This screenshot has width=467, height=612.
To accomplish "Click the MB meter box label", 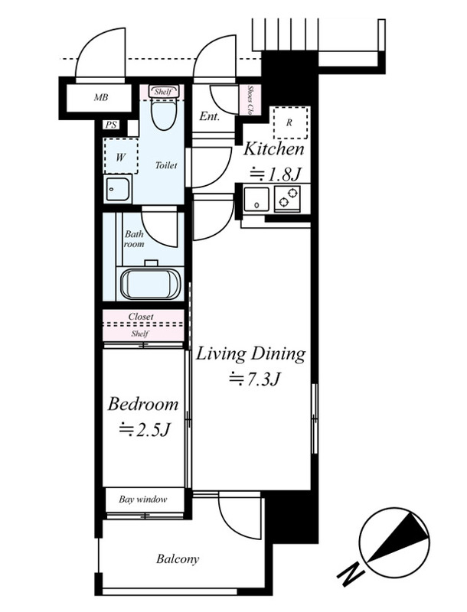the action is [101, 98].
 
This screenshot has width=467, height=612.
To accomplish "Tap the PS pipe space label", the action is [111, 125].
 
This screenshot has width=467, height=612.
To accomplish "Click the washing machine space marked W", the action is [121, 156].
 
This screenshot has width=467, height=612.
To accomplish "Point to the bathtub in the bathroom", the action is [150, 283].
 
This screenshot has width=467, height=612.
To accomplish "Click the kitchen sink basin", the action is [256, 199].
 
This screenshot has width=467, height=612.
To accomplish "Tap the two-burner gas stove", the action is [287, 197].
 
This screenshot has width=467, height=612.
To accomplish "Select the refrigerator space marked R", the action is [289, 122].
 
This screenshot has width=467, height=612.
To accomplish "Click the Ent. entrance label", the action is [209, 116].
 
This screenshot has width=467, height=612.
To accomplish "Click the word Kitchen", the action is [274, 149].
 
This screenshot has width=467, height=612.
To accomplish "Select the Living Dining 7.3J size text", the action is [255, 379].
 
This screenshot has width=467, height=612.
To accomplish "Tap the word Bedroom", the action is [142, 405].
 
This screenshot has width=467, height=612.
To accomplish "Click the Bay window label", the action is [143, 500].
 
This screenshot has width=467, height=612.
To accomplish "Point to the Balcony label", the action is [178, 559].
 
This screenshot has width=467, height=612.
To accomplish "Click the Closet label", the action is [141, 317].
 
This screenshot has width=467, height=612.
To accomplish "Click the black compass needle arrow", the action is [397, 539].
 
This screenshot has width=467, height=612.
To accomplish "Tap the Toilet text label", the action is [166, 165].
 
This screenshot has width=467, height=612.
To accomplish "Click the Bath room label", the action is [134, 239].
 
